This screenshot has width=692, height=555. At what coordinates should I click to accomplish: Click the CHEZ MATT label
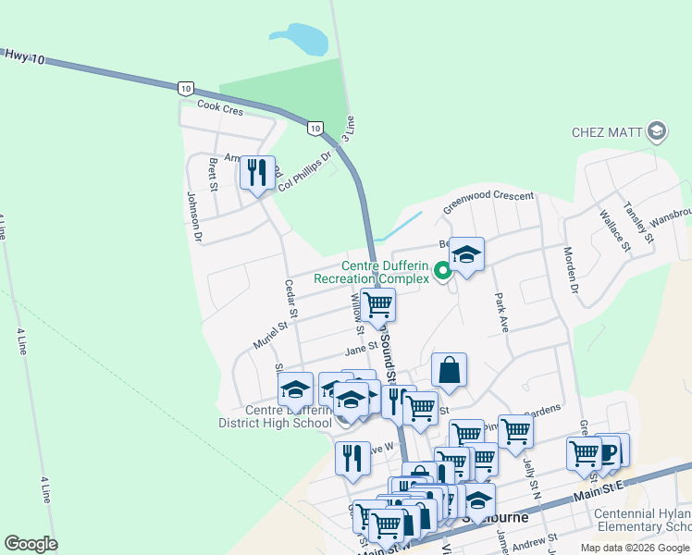pyautogui.click(x=606, y=131)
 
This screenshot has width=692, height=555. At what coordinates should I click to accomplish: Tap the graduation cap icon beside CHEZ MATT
pyautogui.click(x=658, y=131)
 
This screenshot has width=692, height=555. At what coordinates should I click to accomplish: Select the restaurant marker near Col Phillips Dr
pyautogui.click(x=257, y=172)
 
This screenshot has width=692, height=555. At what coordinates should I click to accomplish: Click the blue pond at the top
pyautogui.click(x=301, y=40)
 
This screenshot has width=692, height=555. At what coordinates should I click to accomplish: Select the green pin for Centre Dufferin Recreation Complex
pyautogui.click(x=442, y=271)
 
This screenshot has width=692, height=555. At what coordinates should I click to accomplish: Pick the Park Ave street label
pyautogui.click(x=502, y=313)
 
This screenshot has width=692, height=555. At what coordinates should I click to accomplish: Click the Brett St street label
pyautogui.click(x=213, y=174)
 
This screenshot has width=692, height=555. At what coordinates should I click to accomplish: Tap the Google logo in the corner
pyautogui.click(x=31, y=544)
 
